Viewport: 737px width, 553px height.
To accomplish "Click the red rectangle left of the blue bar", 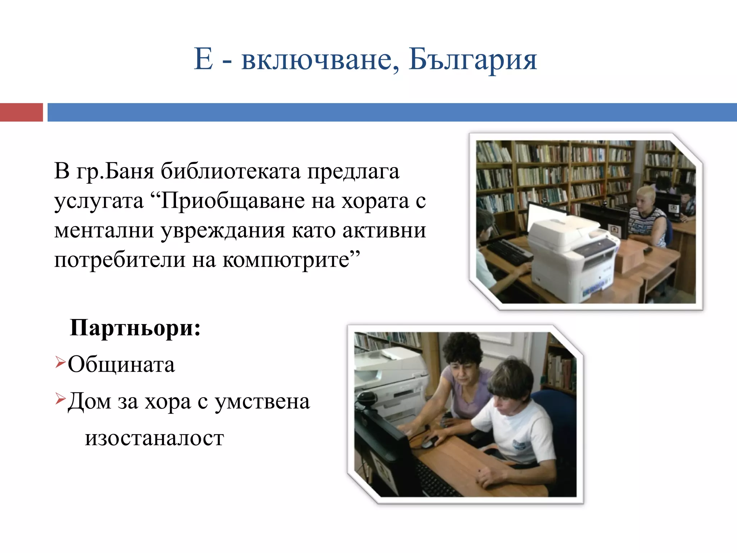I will click(x=21, y=112).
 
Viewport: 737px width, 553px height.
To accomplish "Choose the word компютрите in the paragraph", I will click(x=286, y=260).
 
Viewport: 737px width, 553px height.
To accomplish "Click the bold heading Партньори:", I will click(x=135, y=328).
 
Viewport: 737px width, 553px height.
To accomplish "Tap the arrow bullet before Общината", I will click(x=60, y=361).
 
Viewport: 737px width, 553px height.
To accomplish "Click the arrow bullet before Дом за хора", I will click(x=60, y=398).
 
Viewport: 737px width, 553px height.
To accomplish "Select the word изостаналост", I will click(x=154, y=438).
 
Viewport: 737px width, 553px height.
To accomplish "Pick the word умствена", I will click(x=262, y=401).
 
